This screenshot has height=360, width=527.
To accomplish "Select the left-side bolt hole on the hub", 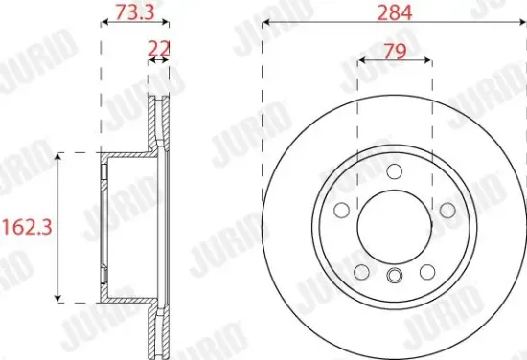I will point(339,211).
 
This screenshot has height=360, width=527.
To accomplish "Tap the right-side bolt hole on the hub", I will point(447,211).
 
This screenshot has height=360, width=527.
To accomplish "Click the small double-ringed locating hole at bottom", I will point(394,278).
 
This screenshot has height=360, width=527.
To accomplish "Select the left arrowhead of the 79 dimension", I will point(361,59).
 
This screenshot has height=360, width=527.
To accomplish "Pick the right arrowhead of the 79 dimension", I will point(426,59).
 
